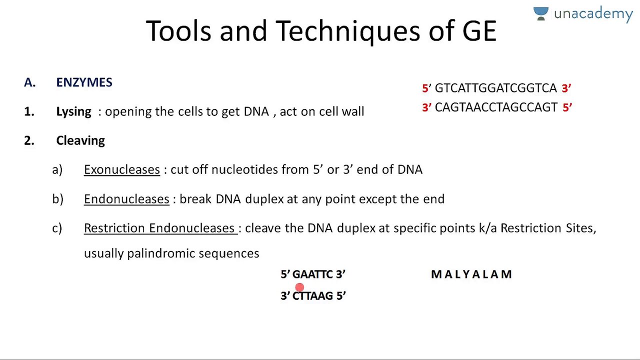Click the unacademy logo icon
tap(540, 13)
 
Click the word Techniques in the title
tap(347, 31)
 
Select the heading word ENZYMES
tap(84, 82)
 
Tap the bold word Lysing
tap(73, 111)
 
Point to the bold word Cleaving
tap(80, 141)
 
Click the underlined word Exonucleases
tap(122, 169)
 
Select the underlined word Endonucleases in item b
tap(126, 199)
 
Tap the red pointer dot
tap(299, 287)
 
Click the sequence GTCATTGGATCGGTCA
tap(495, 88)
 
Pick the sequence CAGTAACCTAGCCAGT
tap(496, 107)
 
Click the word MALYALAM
tap(471, 274)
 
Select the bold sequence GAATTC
tap(312, 274)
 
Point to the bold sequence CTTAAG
tap(312, 295)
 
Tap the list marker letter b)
tap(57, 199)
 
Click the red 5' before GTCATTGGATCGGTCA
tap(426, 88)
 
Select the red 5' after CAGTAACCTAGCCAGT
tap(567, 107)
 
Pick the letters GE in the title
tap(479, 31)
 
